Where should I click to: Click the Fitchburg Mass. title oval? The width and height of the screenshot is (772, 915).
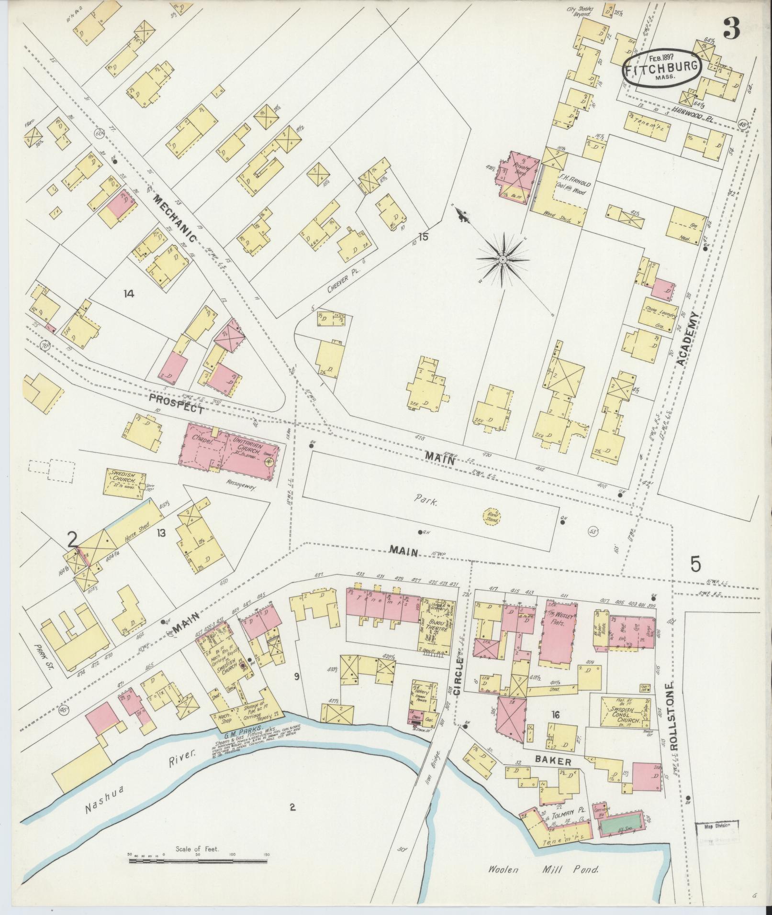(x=662, y=67)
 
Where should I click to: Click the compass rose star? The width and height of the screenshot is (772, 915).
(x=503, y=259)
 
